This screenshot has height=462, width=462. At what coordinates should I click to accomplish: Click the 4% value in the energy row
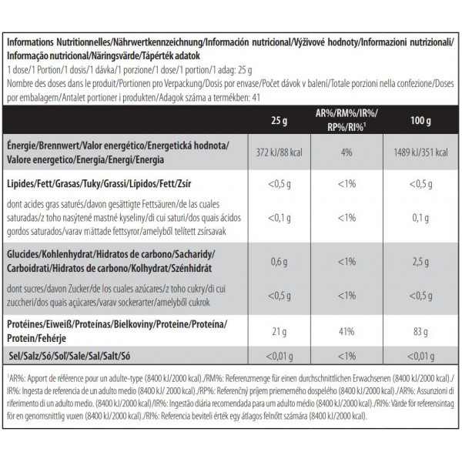click(346, 151)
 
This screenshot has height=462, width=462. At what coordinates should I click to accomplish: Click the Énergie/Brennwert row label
click(115, 145)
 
